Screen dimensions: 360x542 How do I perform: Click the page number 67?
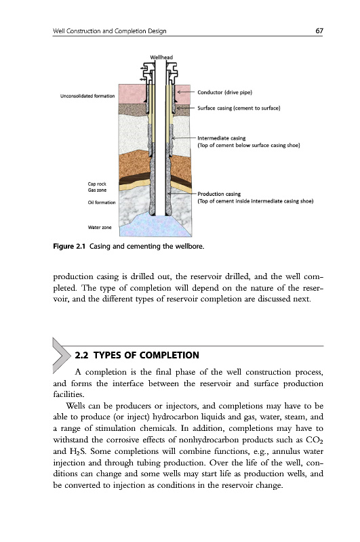(319, 30)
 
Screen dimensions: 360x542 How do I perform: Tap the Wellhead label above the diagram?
(161, 58)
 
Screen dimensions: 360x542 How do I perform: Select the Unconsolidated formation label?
(87, 96)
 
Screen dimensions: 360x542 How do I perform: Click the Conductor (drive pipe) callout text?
(225, 92)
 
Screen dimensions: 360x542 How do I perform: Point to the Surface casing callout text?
(239, 108)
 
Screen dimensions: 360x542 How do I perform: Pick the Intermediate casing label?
(221, 138)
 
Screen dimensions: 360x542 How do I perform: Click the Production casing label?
(219, 194)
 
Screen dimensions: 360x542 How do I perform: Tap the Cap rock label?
(97, 184)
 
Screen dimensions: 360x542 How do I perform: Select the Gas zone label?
(97, 190)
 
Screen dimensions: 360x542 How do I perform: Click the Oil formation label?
(101, 203)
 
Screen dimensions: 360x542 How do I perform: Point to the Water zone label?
(99, 228)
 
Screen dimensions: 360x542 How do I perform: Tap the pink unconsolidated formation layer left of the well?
(132, 93)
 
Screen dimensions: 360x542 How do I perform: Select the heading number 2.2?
(81, 355)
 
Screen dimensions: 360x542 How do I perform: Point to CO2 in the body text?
(315, 440)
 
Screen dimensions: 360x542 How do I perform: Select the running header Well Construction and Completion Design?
(110, 31)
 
